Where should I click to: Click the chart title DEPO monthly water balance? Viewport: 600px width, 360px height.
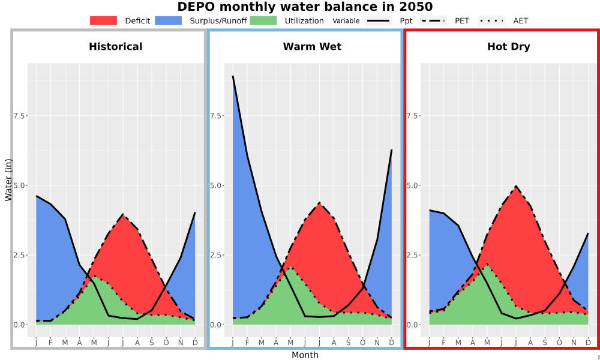tap(305, 7)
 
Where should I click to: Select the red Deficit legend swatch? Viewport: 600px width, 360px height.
tap(103, 20)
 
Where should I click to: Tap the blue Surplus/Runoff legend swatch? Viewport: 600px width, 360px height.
tap(169, 20)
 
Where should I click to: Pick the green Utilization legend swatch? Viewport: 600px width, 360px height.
tap(263, 20)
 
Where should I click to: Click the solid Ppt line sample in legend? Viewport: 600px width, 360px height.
tap(378, 20)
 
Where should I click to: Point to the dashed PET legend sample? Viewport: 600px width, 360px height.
tap(433, 20)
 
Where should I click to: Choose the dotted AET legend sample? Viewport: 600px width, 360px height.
tap(492, 20)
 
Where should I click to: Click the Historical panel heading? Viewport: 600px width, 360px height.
tap(116, 47)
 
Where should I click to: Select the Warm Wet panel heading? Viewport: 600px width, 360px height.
tap(312, 47)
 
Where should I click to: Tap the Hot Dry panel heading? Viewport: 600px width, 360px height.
tap(509, 47)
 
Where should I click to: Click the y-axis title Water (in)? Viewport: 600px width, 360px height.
tap(8, 181)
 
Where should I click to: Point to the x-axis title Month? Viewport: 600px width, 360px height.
tap(305, 355)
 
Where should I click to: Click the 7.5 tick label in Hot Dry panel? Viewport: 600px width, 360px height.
tap(413, 116)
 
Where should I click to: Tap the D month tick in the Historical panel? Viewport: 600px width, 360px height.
tap(195, 343)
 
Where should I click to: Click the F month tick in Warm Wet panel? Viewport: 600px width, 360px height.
tap(247, 343)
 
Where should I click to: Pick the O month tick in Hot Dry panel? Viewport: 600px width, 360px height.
tap(559, 343)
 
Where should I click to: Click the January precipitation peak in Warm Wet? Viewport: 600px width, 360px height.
tap(233, 76)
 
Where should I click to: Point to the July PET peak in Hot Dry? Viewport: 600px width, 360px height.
tap(516, 187)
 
